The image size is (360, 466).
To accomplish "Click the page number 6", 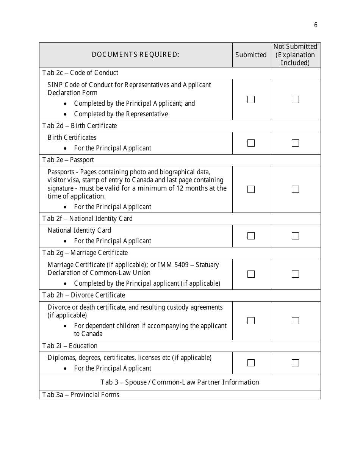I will coord(316,25).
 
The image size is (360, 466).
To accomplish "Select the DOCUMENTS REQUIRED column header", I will coord(135,55).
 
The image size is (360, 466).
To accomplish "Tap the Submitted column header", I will coord(251,55).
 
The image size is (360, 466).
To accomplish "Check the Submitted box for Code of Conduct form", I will coord(251,99).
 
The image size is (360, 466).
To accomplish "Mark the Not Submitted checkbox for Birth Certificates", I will coord(295,143).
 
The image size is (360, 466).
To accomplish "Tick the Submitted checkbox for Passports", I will coord(251,189).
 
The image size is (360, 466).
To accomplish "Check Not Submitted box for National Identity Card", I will coord(295,236).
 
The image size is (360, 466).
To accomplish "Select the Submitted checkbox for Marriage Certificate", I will coord(251,274).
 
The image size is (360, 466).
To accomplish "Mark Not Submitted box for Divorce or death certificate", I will coord(295,321).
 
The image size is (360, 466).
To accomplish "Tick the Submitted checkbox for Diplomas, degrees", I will coord(251,363).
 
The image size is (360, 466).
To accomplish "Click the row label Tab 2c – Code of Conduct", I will coord(80,73).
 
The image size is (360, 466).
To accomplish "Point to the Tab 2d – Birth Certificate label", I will coord(80,126).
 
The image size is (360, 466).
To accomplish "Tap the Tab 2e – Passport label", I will coord(68,160).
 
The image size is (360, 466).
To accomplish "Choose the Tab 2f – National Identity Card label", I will coord(88,219).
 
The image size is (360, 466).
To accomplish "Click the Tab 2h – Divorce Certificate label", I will coord(84,295).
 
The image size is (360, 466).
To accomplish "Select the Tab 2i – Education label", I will coord(70,346).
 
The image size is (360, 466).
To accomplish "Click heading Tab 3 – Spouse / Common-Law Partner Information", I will coord(180,382).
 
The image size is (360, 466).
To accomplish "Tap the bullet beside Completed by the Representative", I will coord(66,114).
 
